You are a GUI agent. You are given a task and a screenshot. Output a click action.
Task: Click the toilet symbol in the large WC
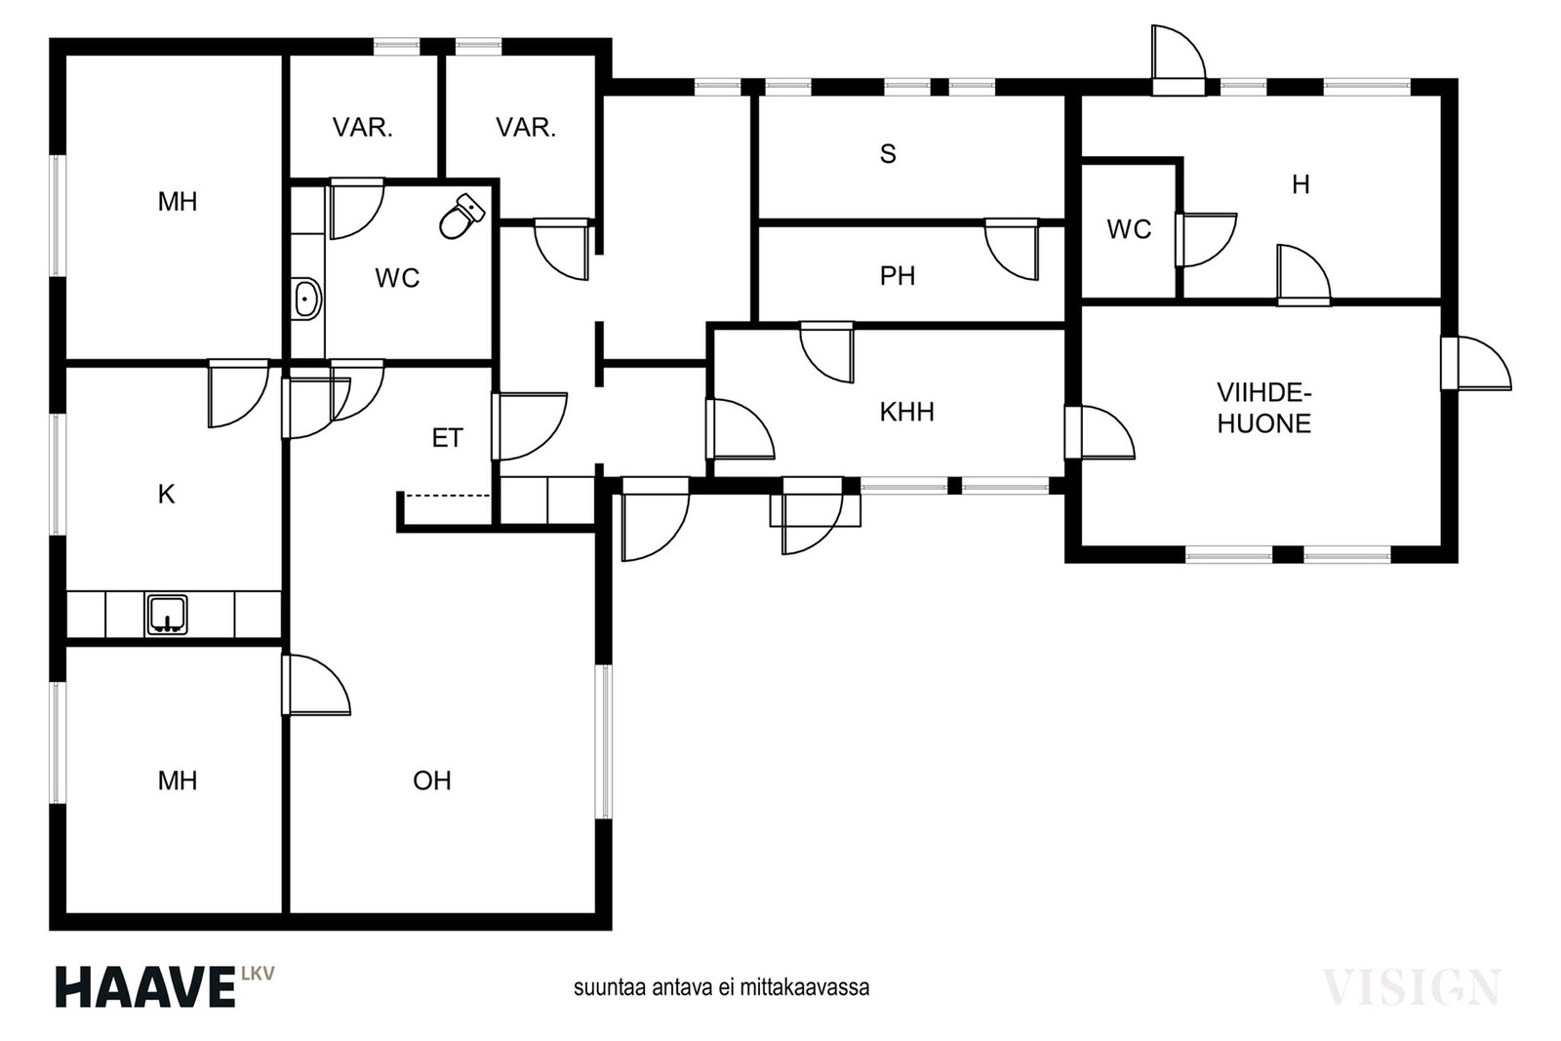click(x=462, y=217)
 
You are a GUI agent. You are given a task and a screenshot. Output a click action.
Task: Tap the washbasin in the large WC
click(x=306, y=299)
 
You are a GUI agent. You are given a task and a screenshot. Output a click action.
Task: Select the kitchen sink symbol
click(x=167, y=615)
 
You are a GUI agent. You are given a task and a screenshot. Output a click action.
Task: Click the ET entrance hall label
click(x=448, y=438)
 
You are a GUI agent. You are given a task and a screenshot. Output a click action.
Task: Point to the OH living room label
click(x=432, y=781)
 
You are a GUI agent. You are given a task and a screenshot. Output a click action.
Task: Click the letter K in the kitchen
click(x=166, y=494)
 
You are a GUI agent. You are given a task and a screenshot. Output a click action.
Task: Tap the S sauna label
click(x=888, y=153)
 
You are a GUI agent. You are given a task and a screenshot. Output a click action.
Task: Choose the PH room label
click(x=898, y=276)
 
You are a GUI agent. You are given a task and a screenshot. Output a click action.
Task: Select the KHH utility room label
click(x=906, y=412)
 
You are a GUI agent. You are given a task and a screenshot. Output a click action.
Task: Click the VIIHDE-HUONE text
click(x=1264, y=409)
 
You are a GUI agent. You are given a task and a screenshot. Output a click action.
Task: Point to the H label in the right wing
click(x=1301, y=184)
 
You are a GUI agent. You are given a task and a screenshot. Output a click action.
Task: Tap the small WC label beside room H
click(x=1129, y=229)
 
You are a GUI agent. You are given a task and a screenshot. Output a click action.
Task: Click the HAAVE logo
click(x=165, y=986)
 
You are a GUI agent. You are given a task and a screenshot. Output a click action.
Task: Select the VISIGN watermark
click(x=1412, y=987)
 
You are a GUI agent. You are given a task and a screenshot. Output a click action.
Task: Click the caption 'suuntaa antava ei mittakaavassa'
click(x=721, y=988)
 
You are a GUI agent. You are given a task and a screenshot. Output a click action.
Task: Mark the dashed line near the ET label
click(x=448, y=496)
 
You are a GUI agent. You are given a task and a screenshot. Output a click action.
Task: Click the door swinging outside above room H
click(x=1178, y=60)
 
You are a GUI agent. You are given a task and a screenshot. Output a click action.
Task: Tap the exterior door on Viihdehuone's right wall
click(x=1476, y=363)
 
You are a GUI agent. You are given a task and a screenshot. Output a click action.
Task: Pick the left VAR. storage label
click(x=362, y=128)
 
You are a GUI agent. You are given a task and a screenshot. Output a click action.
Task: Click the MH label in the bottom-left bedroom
click(x=178, y=781)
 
